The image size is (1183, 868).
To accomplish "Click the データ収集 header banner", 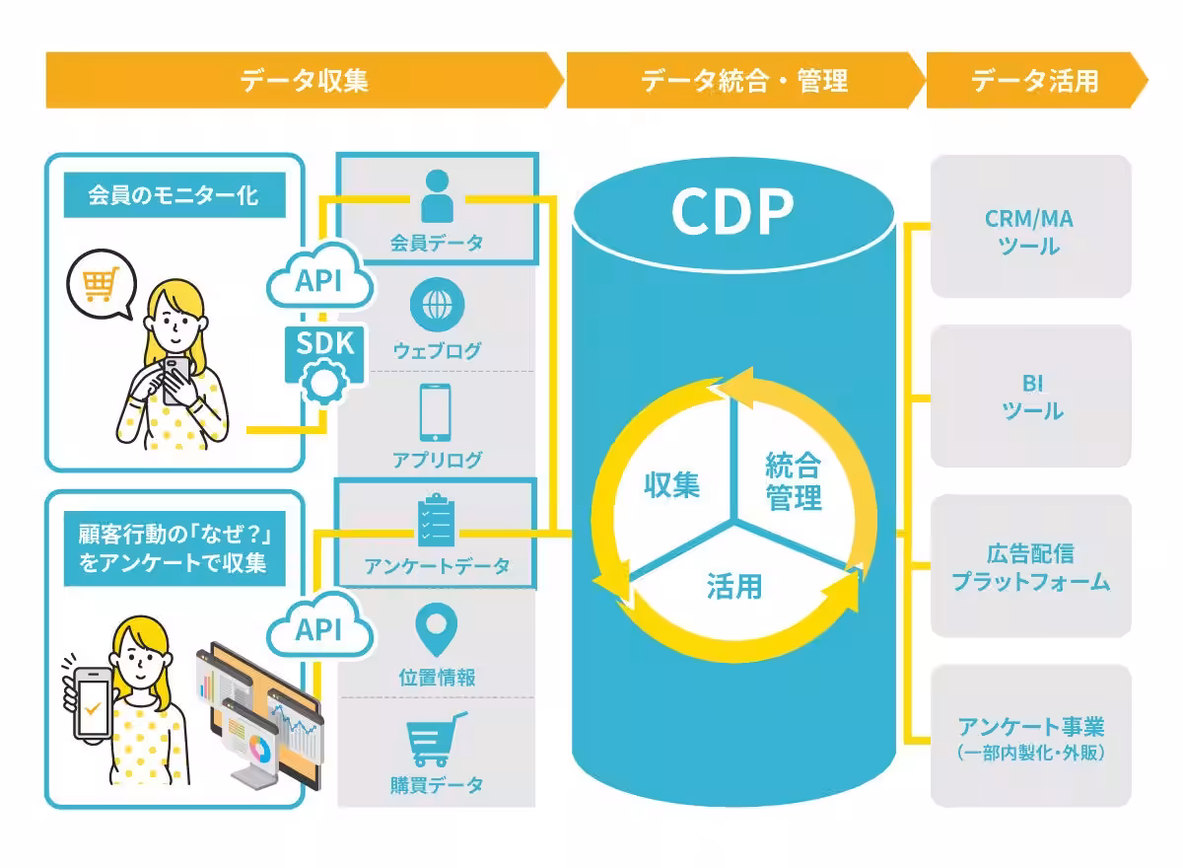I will tap(304, 80).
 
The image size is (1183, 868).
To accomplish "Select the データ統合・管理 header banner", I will tap(744, 80).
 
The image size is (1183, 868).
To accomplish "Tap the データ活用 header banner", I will tap(1034, 80).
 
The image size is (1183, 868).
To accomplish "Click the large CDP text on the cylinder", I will tap(731, 209).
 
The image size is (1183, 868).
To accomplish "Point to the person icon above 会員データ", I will tap(436, 196).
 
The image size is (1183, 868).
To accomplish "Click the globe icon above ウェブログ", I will tap(436, 304).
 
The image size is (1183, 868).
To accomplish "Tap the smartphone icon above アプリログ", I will tap(436, 411).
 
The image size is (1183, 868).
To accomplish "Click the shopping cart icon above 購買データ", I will tap(436, 740).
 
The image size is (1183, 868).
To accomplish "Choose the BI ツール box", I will tap(1030, 397).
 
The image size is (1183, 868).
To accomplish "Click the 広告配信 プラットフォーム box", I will tap(1030, 566).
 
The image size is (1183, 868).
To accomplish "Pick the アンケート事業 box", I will tap(1030, 736).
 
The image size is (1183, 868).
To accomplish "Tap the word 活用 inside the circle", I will tap(733, 585).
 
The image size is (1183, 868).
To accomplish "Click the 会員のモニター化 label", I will tap(174, 195).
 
